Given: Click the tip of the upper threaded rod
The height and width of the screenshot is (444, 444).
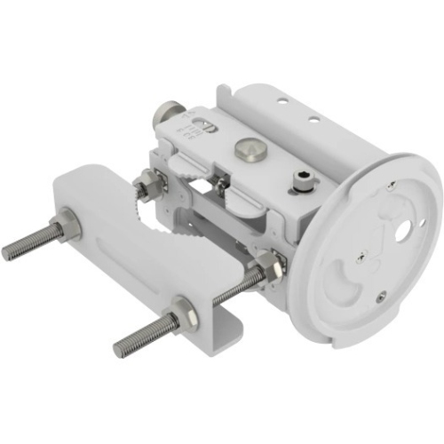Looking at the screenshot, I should pyautogui.click(x=7, y=252).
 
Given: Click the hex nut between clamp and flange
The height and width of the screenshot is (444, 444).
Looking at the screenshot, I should pyautogui.click(x=266, y=265).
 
